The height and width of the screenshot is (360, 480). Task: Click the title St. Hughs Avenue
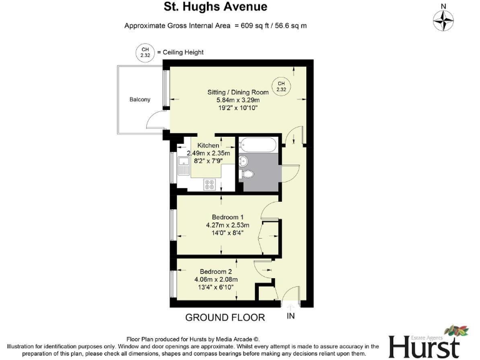tap(215, 7)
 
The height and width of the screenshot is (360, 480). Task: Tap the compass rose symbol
tap(444, 21)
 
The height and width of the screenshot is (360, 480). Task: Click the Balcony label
tap(140, 99)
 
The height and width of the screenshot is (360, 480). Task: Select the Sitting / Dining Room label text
tap(238, 92)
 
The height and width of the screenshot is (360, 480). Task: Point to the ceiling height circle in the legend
tap(145, 52)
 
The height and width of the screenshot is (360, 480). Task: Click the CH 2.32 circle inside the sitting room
tap(281, 86)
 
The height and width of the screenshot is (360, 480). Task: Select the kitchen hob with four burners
tap(209, 184)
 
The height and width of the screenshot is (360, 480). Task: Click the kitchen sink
tap(183, 166)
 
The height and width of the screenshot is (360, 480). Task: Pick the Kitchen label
tap(208, 145)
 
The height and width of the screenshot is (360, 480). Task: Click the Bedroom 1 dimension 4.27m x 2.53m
tap(227, 225)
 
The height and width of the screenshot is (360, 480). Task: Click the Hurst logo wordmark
tap(424, 345)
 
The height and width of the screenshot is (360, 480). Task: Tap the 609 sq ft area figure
tap(257, 26)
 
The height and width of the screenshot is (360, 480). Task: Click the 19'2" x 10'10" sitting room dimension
tap(237, 107)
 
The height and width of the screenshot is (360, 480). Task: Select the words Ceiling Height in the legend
tap(184, 52)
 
